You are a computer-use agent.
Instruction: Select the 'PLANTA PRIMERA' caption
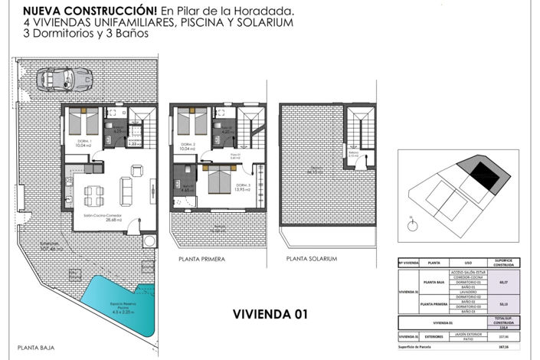click(x=201, y=260)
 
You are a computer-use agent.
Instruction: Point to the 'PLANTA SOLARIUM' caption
click(x=311, y=259)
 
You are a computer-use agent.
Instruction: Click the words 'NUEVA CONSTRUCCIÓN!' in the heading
click(x=89, y=11)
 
